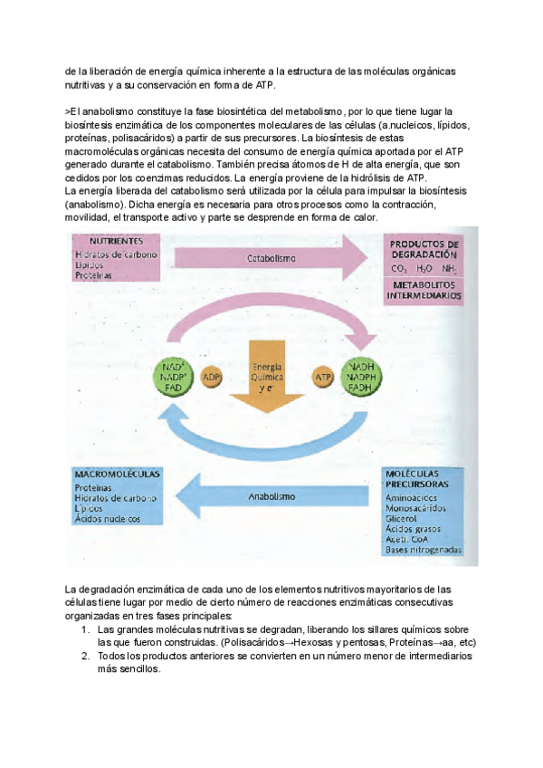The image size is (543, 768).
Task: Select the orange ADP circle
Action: point(212,376)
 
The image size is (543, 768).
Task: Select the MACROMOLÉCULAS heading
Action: point(118,475)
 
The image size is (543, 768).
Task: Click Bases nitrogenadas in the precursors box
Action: point(423,551)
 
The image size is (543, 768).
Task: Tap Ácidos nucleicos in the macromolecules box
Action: point(108,520)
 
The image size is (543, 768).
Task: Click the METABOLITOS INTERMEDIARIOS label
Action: point(424,290)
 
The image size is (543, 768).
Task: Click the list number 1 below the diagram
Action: point(85,629)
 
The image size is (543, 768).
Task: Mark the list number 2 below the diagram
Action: point(85,655)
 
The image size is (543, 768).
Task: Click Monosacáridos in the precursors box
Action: point(415,508)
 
